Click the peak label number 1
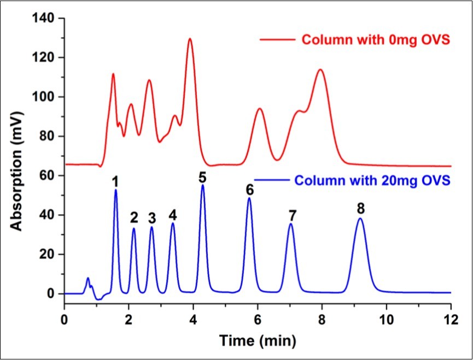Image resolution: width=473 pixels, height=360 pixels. pos(115,181)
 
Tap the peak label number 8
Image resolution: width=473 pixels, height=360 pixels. pos(360,208)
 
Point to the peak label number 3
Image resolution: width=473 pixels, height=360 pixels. pos(152,217)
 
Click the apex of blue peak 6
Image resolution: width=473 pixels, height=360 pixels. pos(249,198)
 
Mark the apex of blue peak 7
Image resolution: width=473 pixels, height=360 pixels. pos(291,224)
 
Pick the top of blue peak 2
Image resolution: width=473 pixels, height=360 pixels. pos(133,228)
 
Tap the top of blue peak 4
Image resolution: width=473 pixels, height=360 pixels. pos(173,223)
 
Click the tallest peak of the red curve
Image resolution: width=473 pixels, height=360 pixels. pos(190,39)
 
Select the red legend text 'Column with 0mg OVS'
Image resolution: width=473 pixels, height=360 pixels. pos(372,40)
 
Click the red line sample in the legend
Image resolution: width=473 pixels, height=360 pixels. pos(276,40)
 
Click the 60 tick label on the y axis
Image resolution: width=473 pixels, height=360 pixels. pos(49,176)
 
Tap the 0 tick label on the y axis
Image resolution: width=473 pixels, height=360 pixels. pos(52,294)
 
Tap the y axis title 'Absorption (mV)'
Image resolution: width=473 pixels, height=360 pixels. pos(18,156)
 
